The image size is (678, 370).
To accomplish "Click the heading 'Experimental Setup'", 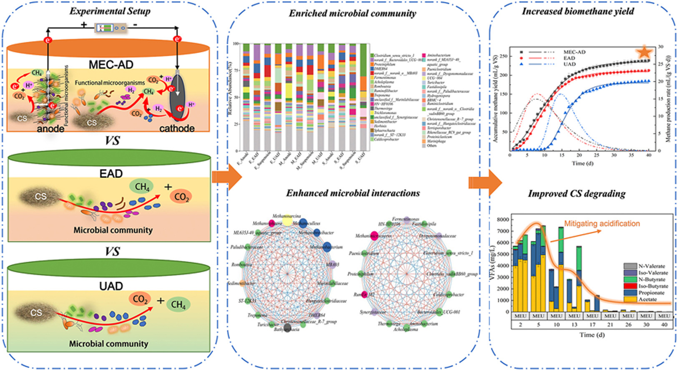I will (x=110, y=11).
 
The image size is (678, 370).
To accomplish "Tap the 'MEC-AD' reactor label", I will (x=111, y=64).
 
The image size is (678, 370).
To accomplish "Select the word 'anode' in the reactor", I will (x=50, y=129).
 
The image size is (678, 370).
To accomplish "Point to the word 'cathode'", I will (x=177, y=128).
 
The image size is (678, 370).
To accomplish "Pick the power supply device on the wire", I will (x=109, y=28).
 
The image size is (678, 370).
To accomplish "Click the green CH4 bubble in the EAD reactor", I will (x=142, y=187).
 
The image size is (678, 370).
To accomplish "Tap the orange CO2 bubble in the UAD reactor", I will (x=141, y=299).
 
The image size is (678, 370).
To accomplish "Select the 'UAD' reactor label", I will (x=111, y=286).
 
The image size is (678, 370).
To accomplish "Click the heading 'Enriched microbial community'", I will (x=352, y=13).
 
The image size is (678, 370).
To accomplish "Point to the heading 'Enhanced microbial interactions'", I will (x=353, y=193).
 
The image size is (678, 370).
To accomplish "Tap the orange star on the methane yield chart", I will (x=644, y=52).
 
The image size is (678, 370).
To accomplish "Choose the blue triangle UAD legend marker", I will (x=522, y=64).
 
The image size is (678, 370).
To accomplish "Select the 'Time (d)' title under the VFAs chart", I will (x=592, y=335).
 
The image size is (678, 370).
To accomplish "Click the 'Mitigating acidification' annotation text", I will (x=602, y=224).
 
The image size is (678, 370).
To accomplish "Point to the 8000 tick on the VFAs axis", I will (x=503, y=220).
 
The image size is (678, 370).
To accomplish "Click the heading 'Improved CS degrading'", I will (x=576, y=194).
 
